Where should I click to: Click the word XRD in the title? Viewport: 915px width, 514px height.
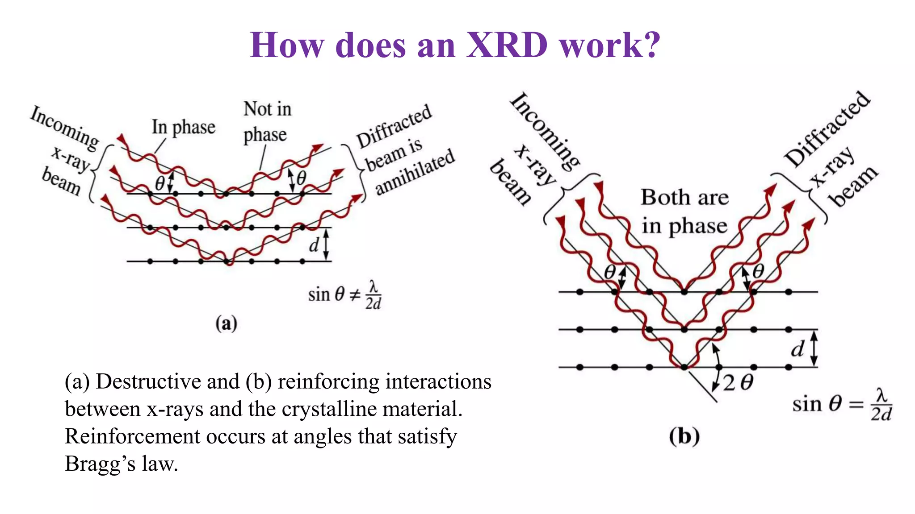tap(507, 46)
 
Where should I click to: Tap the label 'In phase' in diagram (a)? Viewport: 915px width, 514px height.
tap(184, 127)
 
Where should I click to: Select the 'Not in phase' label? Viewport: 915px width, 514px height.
tap(267, 121)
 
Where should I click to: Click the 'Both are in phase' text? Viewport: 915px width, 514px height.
tap(684, 211)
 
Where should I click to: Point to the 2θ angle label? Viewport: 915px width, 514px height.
tap(738, 383)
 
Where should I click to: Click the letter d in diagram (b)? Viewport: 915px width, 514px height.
tap(797, 349)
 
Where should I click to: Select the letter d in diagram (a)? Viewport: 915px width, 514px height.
tap(315, 245)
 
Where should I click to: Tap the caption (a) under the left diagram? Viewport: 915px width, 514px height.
tap(226, 323)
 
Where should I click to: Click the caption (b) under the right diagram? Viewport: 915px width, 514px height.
tap(684, 436)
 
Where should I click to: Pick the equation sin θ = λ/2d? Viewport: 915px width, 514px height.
tap(842, 404)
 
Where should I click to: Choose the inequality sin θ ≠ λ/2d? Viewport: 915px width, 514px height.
tap(344, 294)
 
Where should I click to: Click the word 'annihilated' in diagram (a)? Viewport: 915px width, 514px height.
tap(415, 172)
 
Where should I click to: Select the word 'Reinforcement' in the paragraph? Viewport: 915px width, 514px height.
tap(132, 436)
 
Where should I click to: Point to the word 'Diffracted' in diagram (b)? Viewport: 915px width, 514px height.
tap(827, 128)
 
